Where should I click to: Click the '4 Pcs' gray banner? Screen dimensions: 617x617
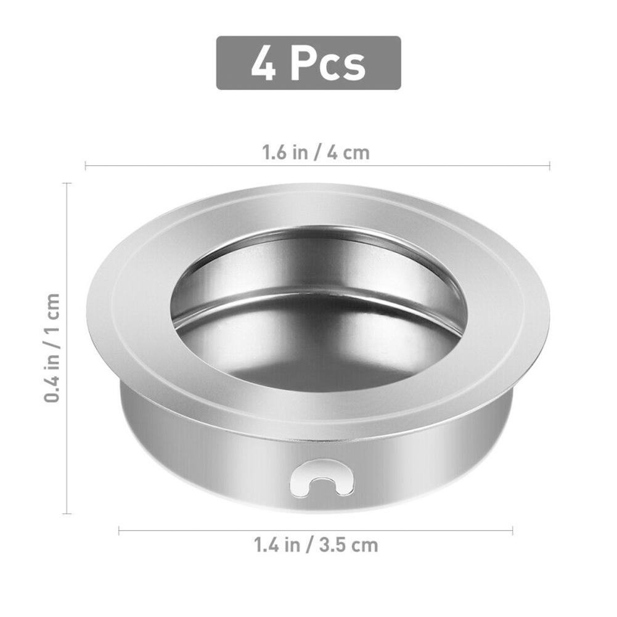click(x=308, y=63)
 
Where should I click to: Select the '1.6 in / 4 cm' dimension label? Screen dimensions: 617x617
click(x=316, y=152)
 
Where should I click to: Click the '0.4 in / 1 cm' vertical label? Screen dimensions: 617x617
click(x=52, y=348)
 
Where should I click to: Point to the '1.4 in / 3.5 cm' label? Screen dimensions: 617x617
click(x=316, y=545)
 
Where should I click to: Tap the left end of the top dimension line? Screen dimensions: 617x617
click(x=86, y=165)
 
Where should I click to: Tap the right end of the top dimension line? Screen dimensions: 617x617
click(x=549, y=165)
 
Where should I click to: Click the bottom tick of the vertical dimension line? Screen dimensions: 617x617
click(x=67, y=513)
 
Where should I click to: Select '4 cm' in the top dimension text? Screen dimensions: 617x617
click(x=348, y=152)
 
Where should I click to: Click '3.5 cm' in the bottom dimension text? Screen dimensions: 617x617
click(x=349, y=545)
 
